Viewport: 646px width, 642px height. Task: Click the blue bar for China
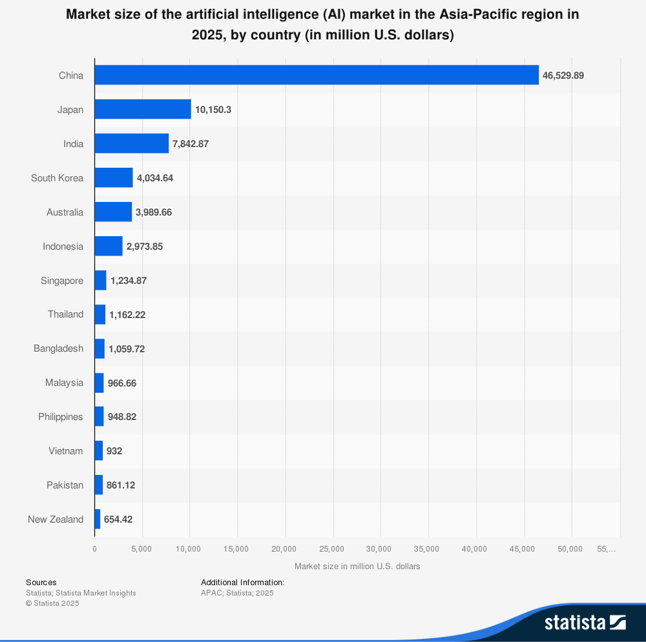(x=317, y=75)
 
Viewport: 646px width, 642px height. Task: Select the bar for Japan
(x=143, y=109)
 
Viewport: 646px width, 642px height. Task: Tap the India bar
(x=132, y=143)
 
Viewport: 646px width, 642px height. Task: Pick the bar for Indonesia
(x=109, y=246)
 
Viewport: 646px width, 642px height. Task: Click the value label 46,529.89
(x=563, y=75)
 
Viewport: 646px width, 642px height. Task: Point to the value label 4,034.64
(x=155, y=178)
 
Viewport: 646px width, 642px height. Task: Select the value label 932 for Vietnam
(x=114, y=451)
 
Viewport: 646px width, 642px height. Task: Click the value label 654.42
(x=118, y=519)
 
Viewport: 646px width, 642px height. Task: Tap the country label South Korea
(x=57, y=178)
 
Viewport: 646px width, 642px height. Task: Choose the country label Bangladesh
(x=58, y=348)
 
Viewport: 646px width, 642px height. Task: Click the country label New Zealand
(x=56, y=519)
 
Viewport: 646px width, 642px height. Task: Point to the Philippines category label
(x=61, y=417)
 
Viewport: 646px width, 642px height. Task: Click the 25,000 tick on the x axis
(x=333, y=549)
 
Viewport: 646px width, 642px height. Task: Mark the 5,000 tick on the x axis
(x=141, y=549)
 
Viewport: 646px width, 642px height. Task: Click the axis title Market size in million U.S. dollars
(x=357, y=567)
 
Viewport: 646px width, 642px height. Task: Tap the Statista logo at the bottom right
(x=585, y=622)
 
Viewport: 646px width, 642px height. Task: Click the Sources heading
(x=41, y=583)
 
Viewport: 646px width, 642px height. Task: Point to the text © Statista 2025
(x=52, y=603)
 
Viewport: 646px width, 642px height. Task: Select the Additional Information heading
(x=242, y=583)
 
